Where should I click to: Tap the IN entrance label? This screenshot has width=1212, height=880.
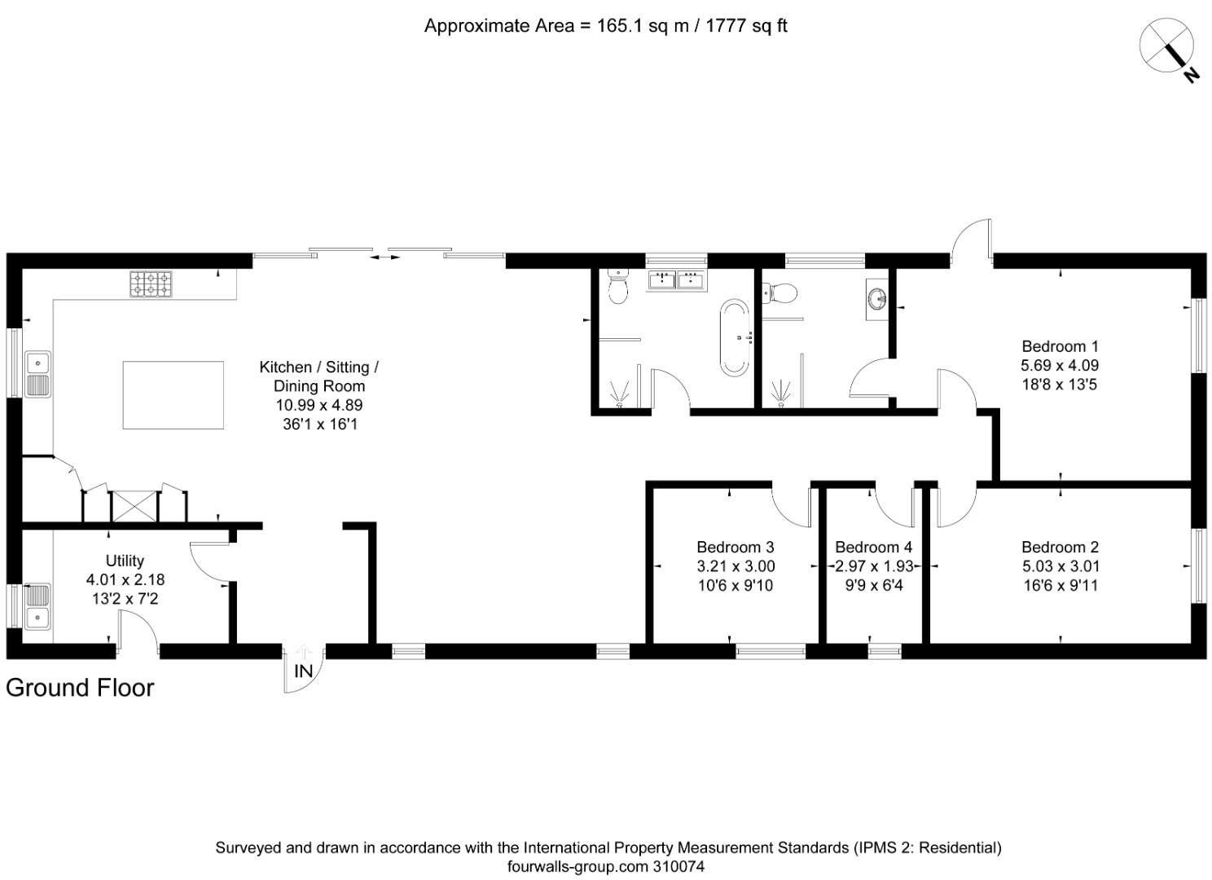[x=303, y=671]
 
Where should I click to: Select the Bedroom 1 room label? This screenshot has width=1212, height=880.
[x=1060, y=346]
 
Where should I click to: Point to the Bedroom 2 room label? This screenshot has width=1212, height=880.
[x=1060, y=548]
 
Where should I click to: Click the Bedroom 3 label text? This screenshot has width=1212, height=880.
[x=735, y=548]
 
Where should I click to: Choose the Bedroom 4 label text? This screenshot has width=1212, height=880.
[x=873, y=548]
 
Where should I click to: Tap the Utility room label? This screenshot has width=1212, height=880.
[x=125, y=561]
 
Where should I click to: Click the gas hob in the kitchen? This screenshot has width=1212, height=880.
[x=151, y=284]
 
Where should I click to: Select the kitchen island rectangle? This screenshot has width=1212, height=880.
[x=173, y=395]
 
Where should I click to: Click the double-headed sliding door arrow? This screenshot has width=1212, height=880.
[x=385, y=257]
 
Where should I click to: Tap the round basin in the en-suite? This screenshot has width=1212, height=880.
[x=877, y=300]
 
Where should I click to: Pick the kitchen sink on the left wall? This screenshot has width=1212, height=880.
[x=37, y=374]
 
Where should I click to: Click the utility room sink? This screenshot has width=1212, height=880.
[x=37, y=606]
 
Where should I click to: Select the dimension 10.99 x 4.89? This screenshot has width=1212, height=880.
[x=318, y=405]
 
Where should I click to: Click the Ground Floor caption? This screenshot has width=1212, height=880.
[x=80, y=688]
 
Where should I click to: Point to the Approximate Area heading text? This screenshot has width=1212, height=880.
[x=605, y=26]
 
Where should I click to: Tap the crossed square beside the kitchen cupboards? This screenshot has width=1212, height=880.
[x=134, y=506]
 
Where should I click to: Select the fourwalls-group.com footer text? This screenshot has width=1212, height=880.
[x=605, y=867]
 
